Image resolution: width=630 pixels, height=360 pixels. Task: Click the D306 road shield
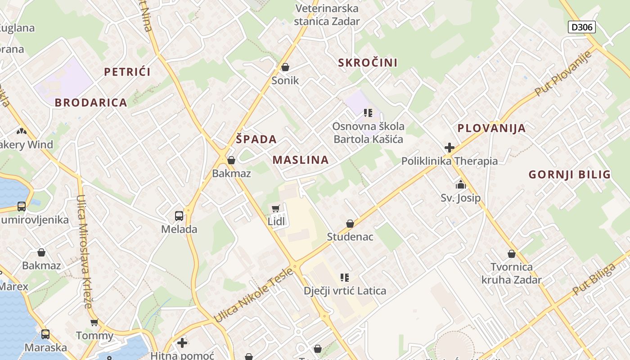581,27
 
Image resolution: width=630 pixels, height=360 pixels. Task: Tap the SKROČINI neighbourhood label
368,63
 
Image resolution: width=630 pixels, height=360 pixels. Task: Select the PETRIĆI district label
127,72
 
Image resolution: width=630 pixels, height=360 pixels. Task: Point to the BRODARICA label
91,103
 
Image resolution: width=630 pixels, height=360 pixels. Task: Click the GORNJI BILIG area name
569,175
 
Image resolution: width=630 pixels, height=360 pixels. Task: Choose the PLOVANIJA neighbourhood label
491,128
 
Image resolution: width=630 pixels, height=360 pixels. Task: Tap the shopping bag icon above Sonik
285,67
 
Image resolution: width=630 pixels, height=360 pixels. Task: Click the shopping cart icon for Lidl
276,208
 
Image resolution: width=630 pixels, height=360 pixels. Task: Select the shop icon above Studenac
350,223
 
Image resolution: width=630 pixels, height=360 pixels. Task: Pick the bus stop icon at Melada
179,216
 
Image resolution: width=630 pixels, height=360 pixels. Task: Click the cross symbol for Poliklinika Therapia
449,147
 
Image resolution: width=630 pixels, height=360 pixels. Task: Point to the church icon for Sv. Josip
460,184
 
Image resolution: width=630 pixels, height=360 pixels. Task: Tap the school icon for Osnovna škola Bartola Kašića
368,112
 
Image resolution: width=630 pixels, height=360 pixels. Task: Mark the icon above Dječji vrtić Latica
345,277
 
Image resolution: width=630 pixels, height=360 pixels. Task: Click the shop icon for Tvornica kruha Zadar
511,253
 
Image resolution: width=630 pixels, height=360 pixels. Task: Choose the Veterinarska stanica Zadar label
327,14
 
